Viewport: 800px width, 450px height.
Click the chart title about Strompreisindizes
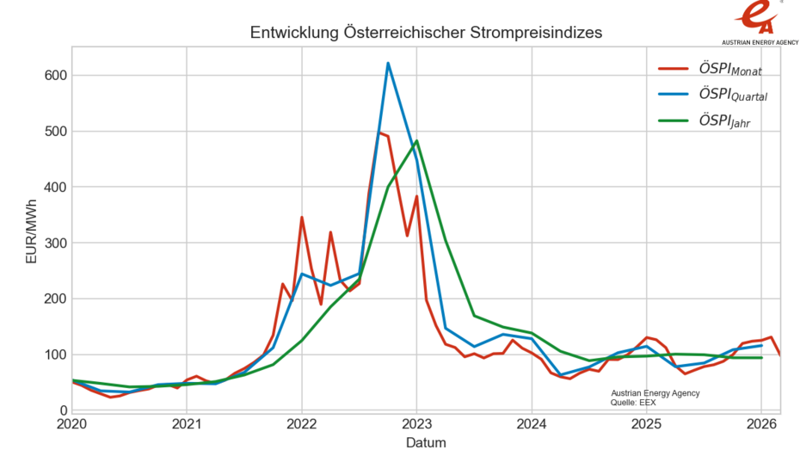[426, 33]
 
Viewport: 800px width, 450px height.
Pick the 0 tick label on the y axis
[62, 410]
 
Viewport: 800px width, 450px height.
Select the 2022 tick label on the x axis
[302, 424]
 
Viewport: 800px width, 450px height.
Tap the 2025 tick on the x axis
[647, 424]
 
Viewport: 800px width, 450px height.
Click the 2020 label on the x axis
[72, 424]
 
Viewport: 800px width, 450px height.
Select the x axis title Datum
[426, 442]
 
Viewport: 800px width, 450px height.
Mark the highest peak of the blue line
[388, 63]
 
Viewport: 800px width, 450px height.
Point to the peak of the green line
[416, 141]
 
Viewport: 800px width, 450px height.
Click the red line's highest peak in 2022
[379, 133]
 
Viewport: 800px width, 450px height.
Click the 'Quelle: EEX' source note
[633, 402]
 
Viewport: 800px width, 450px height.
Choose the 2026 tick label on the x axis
[761, 424]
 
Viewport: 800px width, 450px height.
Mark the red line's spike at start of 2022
[302, 217]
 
